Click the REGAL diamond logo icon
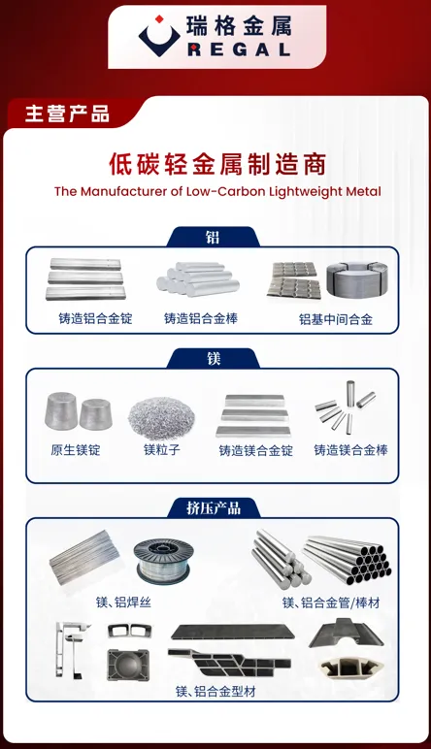click(159, 36)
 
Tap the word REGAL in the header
click(240, 49)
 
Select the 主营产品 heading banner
click(67, 114)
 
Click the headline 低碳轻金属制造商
click(217, 164)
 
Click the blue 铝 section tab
click(214, 238)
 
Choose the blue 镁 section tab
click(214, 358)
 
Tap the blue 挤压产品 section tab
click(214, 507)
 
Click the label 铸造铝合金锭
click(95, 318)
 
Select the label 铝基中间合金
click(336, 319)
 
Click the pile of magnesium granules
click(161, 418)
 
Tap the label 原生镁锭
click(76, 450)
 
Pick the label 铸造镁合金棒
click(350, 450)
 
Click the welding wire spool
click(163, 562)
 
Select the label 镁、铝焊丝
click(123, 602)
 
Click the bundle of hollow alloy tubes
click(348, 560)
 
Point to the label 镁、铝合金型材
click(215, 691)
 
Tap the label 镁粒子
click(161, 450)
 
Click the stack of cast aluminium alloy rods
click(198, 279)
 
